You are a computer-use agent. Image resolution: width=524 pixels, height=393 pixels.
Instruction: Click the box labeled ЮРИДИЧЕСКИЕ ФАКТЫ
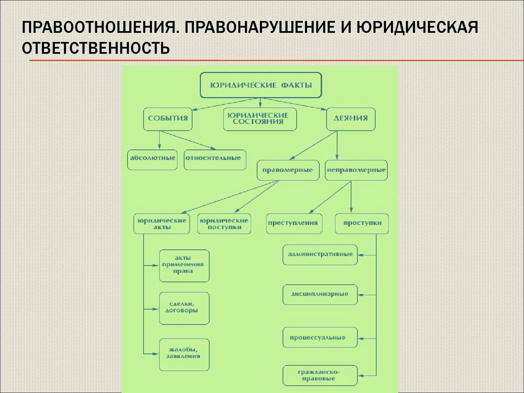tap(260, 85)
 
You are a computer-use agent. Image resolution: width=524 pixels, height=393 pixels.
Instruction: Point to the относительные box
tap(214, 159)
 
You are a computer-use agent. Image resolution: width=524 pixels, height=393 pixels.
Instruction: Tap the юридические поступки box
tap(224, 224)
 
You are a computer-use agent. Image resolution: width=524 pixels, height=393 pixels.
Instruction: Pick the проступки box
tap(362, 223)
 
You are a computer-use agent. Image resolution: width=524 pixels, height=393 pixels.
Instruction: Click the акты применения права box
tap(184, 265)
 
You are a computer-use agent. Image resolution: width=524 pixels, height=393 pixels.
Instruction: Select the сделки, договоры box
tap(184, 308)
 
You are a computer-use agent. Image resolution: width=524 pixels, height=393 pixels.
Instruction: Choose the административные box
tap(320, 254)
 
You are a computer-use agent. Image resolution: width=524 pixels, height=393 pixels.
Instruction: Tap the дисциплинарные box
tap(320, 295)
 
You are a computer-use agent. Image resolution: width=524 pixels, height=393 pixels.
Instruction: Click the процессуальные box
tap(320, 338)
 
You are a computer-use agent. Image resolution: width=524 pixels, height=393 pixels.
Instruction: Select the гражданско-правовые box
tap(320, 376)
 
